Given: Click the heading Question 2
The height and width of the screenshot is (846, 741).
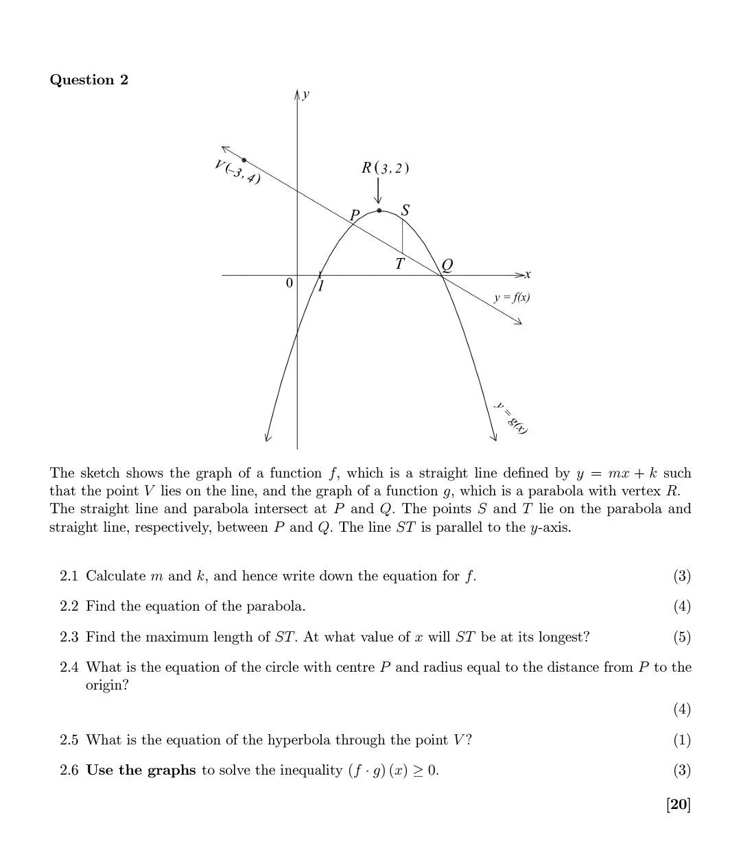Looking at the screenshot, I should pyautogui.click(x=89, y=80).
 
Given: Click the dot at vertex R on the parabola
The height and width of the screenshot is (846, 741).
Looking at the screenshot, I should pyautogui.click(x=379, y=211).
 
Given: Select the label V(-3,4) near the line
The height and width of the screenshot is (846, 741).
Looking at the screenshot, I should pyautogui.click(x=237, y=172).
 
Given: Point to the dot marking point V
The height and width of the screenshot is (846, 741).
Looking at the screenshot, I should pyautogui.click(x=244, y=160).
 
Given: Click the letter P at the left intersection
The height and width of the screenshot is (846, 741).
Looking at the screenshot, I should pyautogui.click(x=355, y=215).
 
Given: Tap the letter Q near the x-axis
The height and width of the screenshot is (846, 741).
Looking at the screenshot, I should pyautogui.click(x=447, y=264).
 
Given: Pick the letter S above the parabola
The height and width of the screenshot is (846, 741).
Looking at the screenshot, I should pyautogui.click(x=405, y=210).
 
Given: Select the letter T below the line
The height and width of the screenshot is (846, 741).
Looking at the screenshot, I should pyautogui.click(x=399, y=263).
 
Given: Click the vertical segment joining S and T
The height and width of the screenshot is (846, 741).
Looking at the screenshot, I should pyautogui.click(x=402, y=237).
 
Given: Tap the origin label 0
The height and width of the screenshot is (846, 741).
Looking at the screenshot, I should pyautogui.click(x=289, y=283).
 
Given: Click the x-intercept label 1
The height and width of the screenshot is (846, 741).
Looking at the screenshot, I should pyautogui.click(x=320, y=285).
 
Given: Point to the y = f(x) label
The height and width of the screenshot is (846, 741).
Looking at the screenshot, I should pyautogui.click(x=512, y=297).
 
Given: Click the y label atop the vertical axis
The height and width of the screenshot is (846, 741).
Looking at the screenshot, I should pyautogui.click(x=306, y=94).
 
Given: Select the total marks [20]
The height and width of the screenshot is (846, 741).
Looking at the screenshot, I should pyautogui.click(x=678, y=804).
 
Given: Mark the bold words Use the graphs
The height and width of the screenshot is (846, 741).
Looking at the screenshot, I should pyautogui.click(x=141, y=770).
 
